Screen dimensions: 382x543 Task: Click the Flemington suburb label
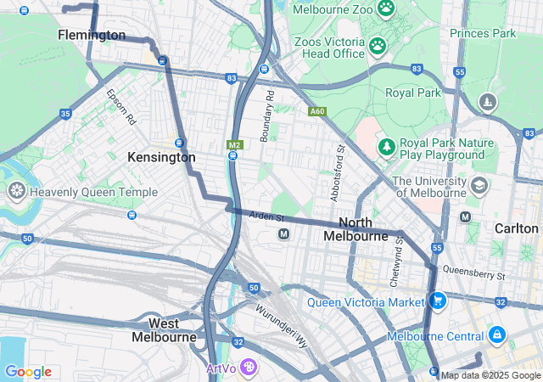tap(92, 35)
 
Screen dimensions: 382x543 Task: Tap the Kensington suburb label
tap(161, 157)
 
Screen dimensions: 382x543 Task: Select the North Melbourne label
tap(355, 228)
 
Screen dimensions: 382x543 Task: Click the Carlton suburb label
tap(517, 228)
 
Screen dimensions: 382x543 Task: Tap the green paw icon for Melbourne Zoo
tap(386, 8)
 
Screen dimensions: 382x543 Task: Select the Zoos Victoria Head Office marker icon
tap(378, 45)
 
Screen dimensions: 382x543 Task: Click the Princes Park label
tap(483, 33)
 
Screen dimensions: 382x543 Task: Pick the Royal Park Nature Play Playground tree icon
tap(387, 147)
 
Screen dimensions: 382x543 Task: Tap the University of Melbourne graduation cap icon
tap(479, 185)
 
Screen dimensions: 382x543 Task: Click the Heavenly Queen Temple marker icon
tap(15, 192)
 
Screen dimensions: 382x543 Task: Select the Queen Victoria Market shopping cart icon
tap(438, 301)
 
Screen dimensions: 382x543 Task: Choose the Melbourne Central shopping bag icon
tap(496, 336)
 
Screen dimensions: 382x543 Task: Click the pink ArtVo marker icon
tap(248, 368)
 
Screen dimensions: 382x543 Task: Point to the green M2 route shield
tap(234, 145)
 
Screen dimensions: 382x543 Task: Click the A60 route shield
tap(317, 111)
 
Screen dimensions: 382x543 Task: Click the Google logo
tap(28, 372)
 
